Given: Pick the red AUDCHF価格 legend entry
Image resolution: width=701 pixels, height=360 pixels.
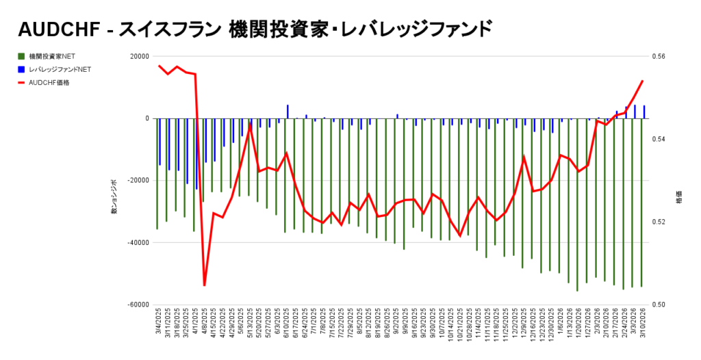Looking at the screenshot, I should click(x=49, y=82).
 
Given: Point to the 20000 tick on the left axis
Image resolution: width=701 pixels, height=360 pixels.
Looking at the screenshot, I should click(x=139, y=57).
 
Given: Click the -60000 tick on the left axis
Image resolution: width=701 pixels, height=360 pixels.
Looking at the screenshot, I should click(x=138, y=305).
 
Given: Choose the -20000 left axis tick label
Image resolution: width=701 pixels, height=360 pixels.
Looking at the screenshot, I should click(x=138, y=181).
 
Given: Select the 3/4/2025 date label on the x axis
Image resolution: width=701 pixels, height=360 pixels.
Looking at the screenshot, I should click(x=158, y=322).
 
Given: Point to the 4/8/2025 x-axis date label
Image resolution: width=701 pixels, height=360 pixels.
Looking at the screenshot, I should click(x=204, y=322).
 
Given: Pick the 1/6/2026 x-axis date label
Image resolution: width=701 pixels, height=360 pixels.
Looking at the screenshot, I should click(x=559, y=322).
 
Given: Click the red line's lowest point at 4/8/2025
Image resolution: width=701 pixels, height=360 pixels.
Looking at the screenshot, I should click(x=204, y=285).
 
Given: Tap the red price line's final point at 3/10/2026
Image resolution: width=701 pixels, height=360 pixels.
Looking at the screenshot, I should click(x=642, y=81).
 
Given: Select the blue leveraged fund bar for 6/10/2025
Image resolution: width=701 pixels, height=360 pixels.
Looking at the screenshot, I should click(x=288, y=112).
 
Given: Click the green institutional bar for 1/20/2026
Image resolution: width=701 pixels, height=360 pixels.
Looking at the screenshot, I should click(x=577, y=205).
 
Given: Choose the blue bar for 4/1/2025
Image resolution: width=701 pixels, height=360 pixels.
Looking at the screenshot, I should click(x=196, y=153).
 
